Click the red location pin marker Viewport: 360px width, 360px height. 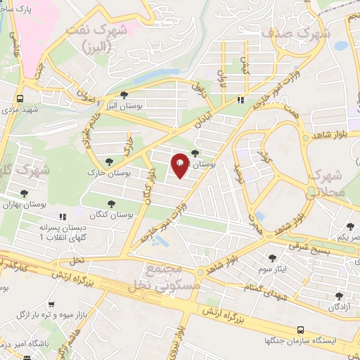pyautogui.click(x=180, y=165)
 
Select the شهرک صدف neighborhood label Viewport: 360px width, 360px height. pyautogui.click(x=287, y=32)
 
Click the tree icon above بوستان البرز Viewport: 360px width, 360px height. pyautogui.click(x=124, y=94)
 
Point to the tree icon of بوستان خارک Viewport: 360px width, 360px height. pyautogui.click(x=108, y=162)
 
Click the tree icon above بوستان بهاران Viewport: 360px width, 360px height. pyautogui.click(x=25, y=193)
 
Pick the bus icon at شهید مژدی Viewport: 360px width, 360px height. pyautogui.click(x=20, y=99)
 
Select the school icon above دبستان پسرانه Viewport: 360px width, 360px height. pyautogui.click(x=63, y=217)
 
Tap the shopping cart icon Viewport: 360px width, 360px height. pyautogui.click(x=51, y=304)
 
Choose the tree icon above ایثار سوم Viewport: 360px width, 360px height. pyautogui.click(x=273, y=258)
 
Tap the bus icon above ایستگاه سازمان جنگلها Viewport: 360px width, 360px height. pyautogui.click(x=300, y=329)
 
